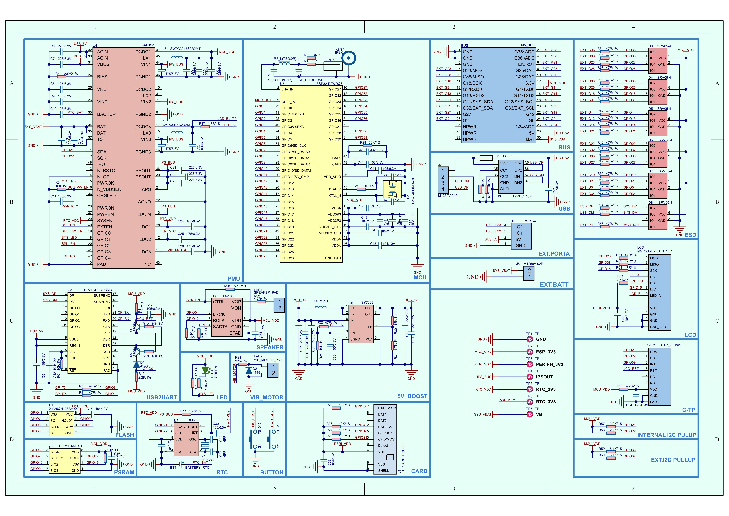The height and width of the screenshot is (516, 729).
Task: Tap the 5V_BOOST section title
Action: (x=412, y=396)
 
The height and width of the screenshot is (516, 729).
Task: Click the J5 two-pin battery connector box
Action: (x=529, y=274)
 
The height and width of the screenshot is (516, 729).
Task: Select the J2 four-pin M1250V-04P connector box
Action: (x=443, y=180)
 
